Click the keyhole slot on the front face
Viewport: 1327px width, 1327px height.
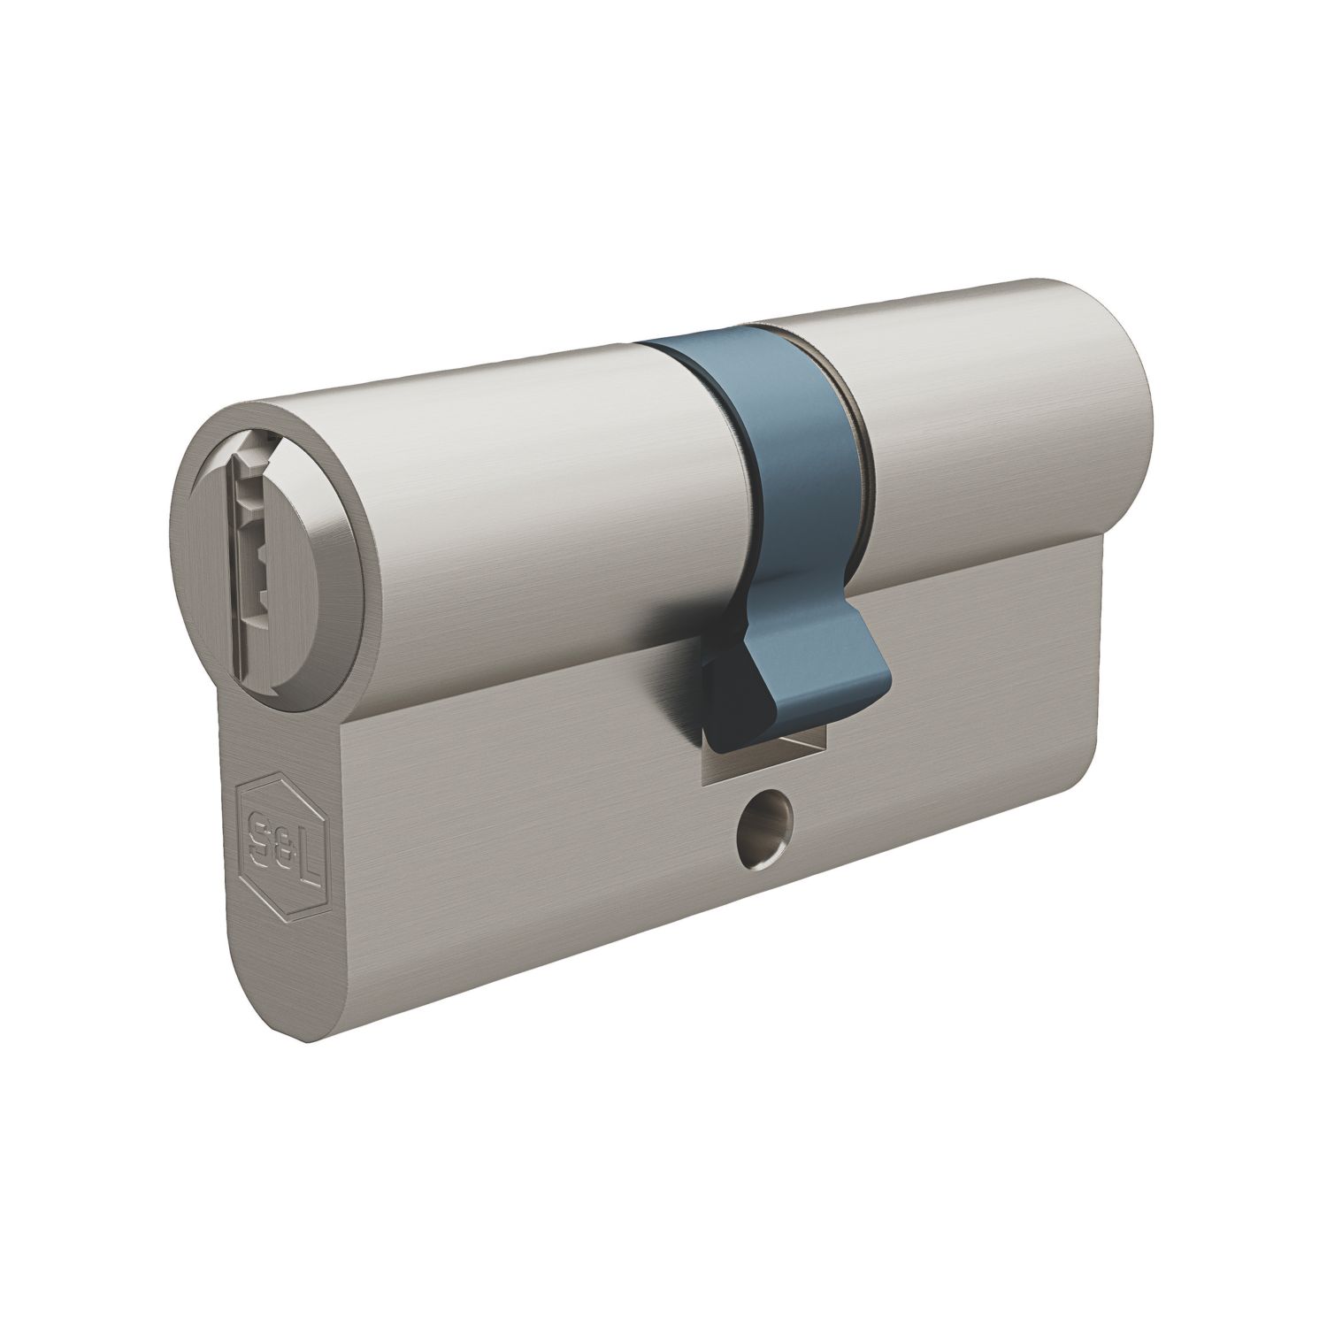click(249, 532)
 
